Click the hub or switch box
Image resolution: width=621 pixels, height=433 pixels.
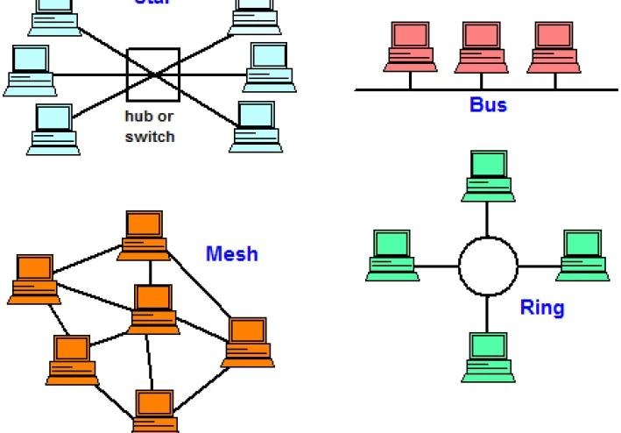click(x=153, y=75)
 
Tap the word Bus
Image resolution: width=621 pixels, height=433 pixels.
click(x=488, y=105)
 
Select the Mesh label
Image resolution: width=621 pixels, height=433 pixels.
click(x=232, y=254)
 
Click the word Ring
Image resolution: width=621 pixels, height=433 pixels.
click(x=542, y=308)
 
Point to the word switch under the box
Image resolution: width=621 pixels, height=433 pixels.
click(x=150, y=137)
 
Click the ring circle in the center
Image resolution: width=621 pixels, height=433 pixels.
click(x=488, y=266)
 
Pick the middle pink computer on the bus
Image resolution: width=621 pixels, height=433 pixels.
click(x=481, y=47)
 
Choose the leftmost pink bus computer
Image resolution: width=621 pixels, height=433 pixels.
click(x=410, y=47)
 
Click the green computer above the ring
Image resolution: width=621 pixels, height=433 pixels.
click(x=488, y=173)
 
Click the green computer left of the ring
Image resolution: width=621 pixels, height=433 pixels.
click(x=392, y=255)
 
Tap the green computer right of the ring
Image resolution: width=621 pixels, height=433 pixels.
click(x=583, y=255)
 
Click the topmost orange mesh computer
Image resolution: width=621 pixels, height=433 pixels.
click(x=145, y=234)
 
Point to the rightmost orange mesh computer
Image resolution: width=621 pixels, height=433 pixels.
click(x=248, y=342)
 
